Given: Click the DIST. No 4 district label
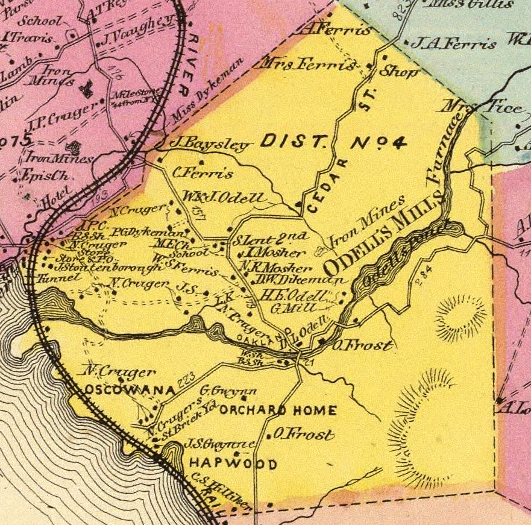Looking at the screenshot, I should tap(333, 143).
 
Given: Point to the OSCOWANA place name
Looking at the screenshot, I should tap(125, 389).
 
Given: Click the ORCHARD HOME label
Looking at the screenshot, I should tap(278, 411).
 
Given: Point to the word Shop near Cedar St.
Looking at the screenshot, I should tap(398, 72).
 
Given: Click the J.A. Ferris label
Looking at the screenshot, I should tap(457, 43).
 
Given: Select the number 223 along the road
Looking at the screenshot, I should tap(187, 378).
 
